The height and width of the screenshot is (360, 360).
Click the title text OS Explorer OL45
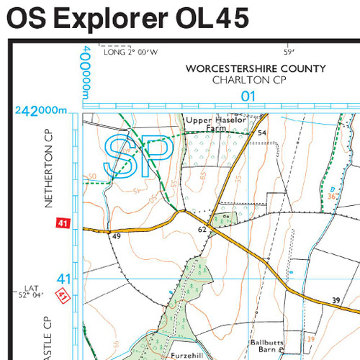click(128, 18)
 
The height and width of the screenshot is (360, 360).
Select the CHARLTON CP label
click(249, 80)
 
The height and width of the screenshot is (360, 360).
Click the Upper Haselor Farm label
click(207, 123)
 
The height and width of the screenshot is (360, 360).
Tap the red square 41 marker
click(62, 225)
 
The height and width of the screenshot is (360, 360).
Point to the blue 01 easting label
click(248, 96)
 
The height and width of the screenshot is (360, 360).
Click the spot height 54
click(262, 133)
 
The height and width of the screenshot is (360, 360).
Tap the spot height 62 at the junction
click(202, 230)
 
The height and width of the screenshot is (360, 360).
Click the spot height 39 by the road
click(336, 300)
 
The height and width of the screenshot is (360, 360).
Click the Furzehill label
click(189, 356)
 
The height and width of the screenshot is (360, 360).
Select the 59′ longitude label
click(289, 52)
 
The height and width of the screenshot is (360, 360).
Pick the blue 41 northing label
click(64, 278)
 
